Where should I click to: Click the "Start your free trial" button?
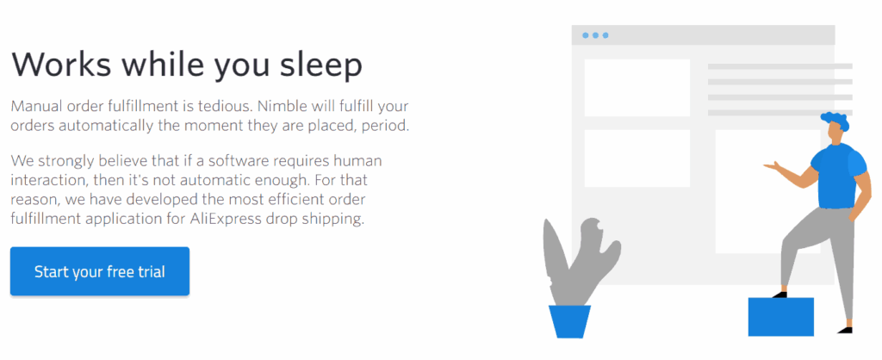[x=100, y=271]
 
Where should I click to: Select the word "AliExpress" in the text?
[x=225, y=219]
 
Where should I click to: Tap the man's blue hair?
[x=835, y=120]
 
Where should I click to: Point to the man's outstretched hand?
[x=773, y=165]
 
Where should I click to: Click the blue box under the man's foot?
[x=780, y=317]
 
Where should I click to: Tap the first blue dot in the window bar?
[x=586, y=35]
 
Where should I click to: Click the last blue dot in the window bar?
[x=606, y=35]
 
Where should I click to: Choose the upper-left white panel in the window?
[x=637, y=88]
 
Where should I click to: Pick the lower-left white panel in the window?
[x=637, y=158]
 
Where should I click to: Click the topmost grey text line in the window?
[x=780, y=66]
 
